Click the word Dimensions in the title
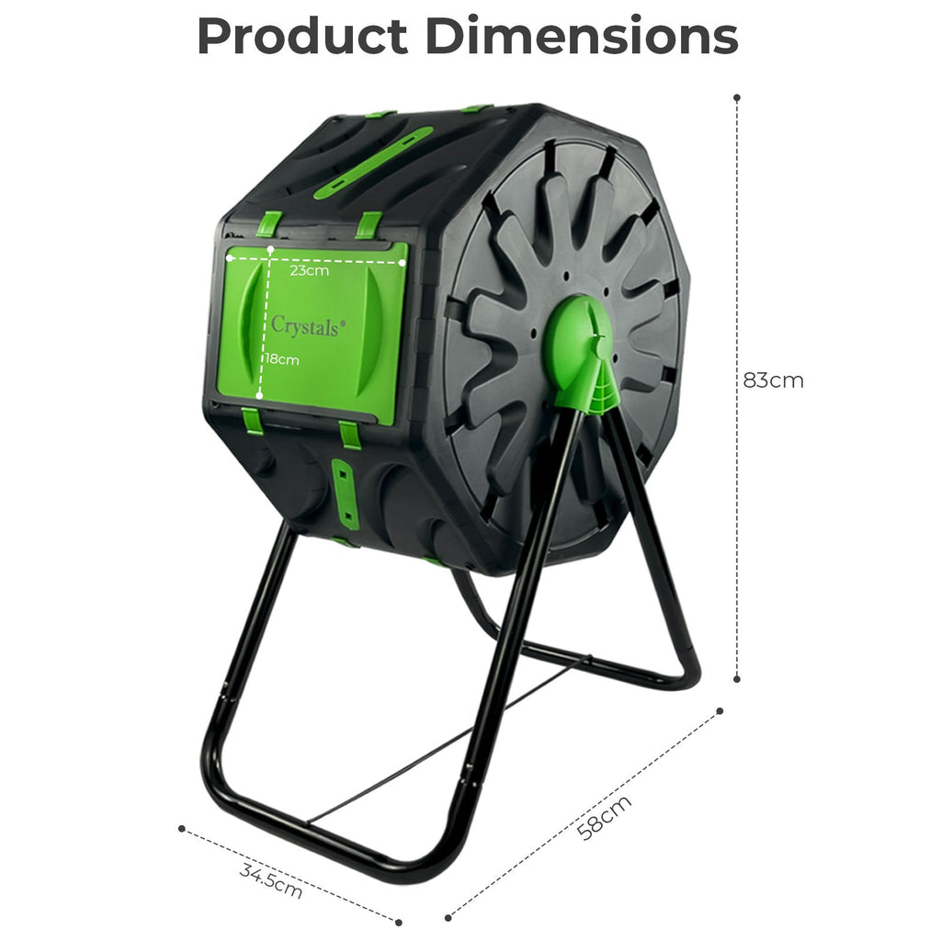583,37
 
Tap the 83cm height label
773,380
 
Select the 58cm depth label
605,817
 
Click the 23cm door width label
309,271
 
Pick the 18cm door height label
282,359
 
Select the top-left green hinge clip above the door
268,223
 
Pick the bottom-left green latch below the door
252,421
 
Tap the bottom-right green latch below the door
350,434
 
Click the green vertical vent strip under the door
346,493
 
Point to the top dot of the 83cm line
737,96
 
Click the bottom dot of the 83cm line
737,679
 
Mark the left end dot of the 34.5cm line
182,828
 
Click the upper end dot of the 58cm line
720,710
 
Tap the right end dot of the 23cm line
402,261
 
